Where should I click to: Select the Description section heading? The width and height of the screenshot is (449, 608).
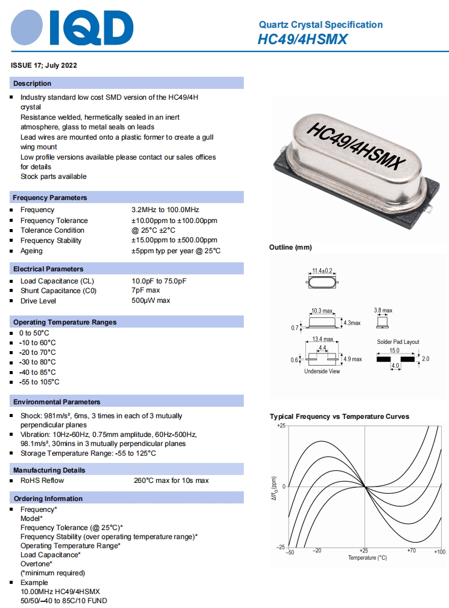pos(33,83)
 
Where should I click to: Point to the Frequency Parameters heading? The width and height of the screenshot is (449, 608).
pos(50,198)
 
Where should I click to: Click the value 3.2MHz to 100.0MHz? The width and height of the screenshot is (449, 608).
pos(165,210)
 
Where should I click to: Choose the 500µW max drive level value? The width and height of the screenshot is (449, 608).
pos(151,300)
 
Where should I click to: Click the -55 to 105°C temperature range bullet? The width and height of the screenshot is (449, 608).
pos(39,382)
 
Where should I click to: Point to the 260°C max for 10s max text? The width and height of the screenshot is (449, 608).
pos(171,480)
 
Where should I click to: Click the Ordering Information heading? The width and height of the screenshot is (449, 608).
pos(48,499)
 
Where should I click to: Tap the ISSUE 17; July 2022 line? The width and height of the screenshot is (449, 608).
pos(44,65)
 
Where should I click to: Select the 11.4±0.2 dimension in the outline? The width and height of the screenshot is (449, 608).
pos(322,270)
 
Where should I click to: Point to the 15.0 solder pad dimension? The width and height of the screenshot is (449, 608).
pos(394,350)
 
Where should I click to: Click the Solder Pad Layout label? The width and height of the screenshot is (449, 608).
pos(398,342)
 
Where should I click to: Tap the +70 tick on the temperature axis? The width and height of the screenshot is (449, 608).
pos(411,551)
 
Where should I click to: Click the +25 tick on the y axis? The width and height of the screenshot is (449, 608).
pos(281,426)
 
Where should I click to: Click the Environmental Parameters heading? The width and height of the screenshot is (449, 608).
pos(57,402)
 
